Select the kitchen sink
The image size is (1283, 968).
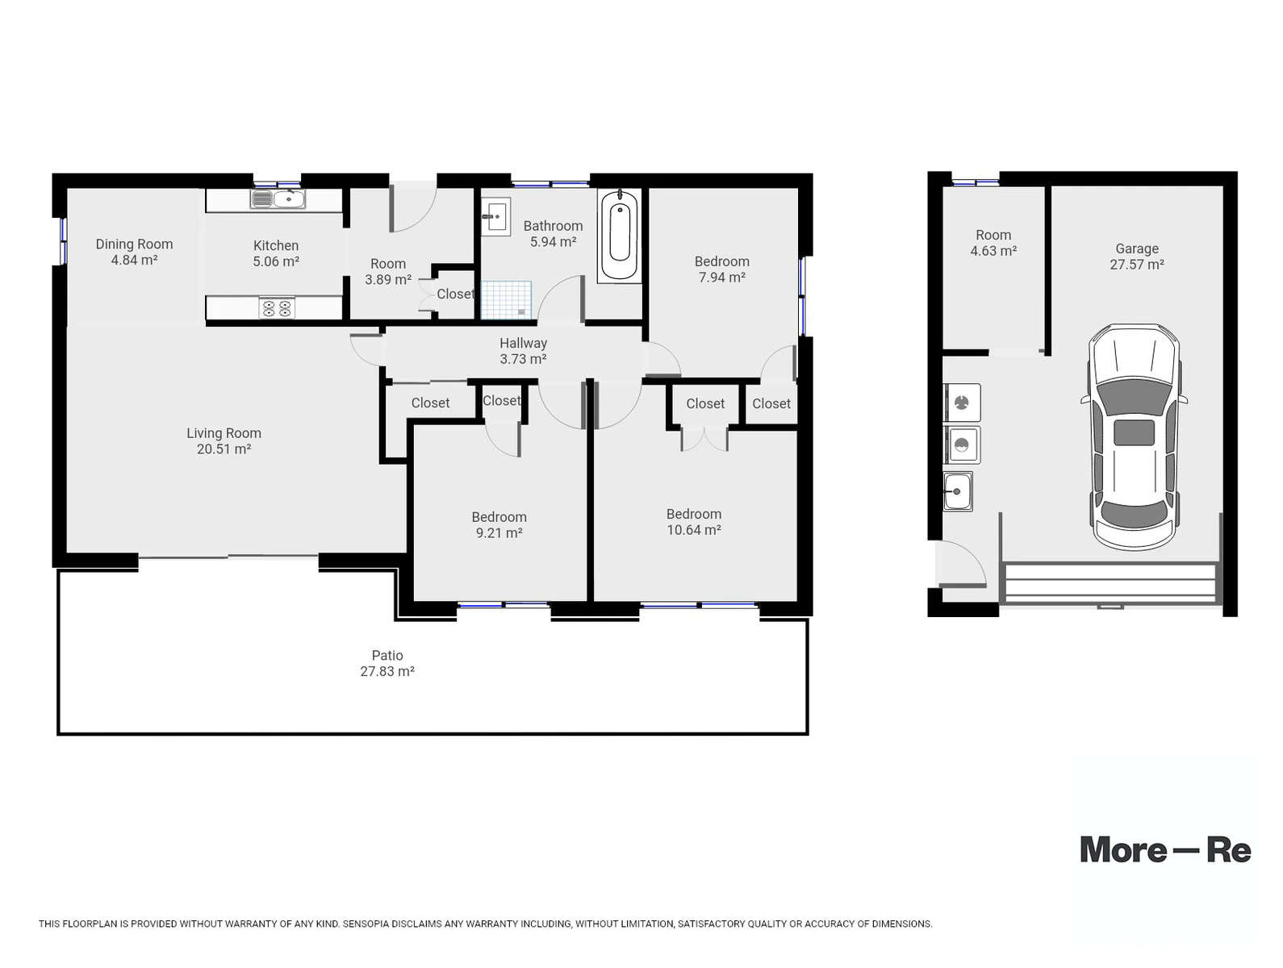click(x=277, y=198)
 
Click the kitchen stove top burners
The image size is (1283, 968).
click(x=276, y=307)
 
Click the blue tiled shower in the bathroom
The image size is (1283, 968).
click(x=504, y=299)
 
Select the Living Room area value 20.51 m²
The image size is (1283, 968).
click(x=224, y=449)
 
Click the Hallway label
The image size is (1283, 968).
click(x=522, y=343)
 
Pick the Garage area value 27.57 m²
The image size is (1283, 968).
click(x=1135, y=264)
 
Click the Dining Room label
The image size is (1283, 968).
click(x=134, y=244)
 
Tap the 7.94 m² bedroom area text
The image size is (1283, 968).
click(x=721, y=277)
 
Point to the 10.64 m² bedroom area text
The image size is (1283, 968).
click(x=692, y=529)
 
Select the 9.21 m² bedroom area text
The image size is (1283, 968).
click(x=498, y=532)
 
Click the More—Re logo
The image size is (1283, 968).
click(x=1164, y=850)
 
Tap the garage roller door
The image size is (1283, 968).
click(x=1108, y=582)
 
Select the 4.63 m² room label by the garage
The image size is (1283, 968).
click(x=993, y=251)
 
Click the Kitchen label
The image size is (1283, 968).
click(x=275, y=245)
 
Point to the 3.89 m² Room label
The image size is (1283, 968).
click(x=387, y=279)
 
